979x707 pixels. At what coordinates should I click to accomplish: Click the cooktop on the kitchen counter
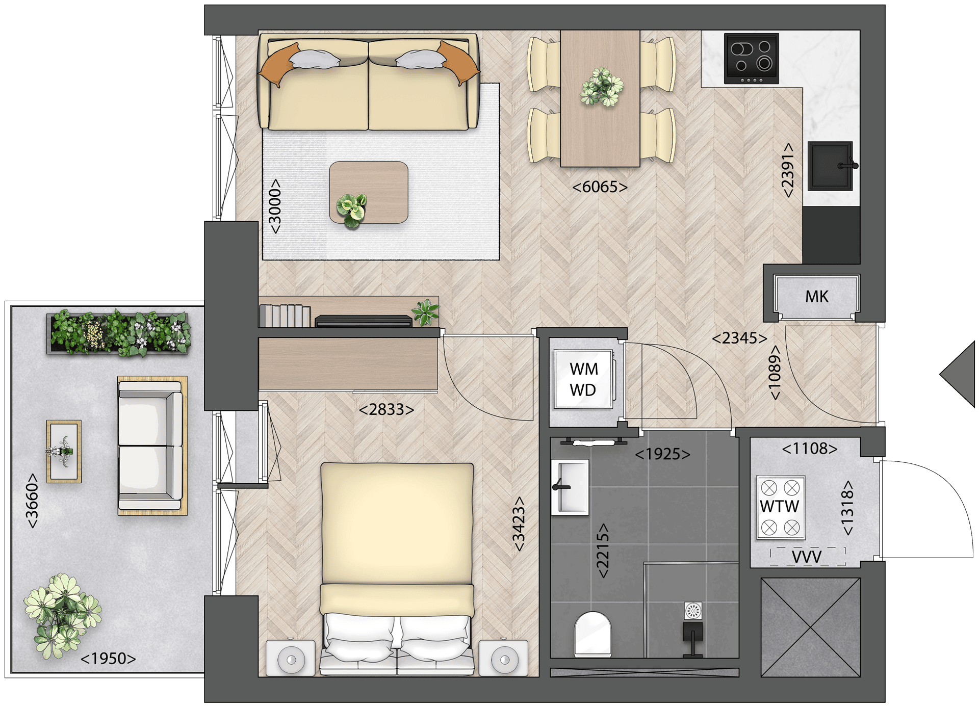751,59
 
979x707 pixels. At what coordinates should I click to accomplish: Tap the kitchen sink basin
830,166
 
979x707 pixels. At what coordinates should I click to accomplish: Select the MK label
817,297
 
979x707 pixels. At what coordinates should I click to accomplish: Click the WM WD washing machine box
583,379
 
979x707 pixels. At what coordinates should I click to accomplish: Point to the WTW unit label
780,507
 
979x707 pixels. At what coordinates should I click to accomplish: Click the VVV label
806,557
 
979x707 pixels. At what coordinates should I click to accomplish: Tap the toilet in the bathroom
592,634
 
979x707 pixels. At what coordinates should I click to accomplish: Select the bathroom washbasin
570,487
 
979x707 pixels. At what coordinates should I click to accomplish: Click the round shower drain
693,611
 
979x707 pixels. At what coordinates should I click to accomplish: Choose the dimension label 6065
600,187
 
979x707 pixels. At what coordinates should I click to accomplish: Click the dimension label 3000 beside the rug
275,206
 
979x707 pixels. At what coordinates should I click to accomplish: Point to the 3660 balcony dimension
32,501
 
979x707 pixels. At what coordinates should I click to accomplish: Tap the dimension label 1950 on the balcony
108,659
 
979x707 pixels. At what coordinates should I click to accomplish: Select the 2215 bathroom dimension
603,551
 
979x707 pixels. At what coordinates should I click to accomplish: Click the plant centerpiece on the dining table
602,87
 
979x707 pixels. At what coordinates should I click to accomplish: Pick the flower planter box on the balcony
119,333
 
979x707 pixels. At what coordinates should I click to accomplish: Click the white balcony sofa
151,446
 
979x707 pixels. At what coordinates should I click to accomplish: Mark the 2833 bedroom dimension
387,409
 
